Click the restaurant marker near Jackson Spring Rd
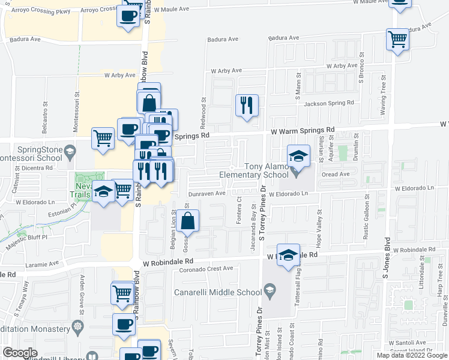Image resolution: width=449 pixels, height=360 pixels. [x=247, y=106]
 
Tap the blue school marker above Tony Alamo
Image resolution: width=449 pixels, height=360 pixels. [x=298, y=156]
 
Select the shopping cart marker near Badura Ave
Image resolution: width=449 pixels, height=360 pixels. [x=397, y=40]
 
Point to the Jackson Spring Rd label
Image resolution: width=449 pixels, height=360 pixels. [x=329, y=103]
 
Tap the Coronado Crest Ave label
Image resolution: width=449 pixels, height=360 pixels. [x=206, y=269]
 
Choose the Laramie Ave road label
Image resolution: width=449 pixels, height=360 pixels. [x=42, y=263]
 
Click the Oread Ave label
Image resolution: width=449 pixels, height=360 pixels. [x=336, y=175]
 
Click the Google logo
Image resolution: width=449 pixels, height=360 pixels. [x=20, y=353]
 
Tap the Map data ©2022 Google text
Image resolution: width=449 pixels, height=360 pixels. [x=411, y=355]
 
